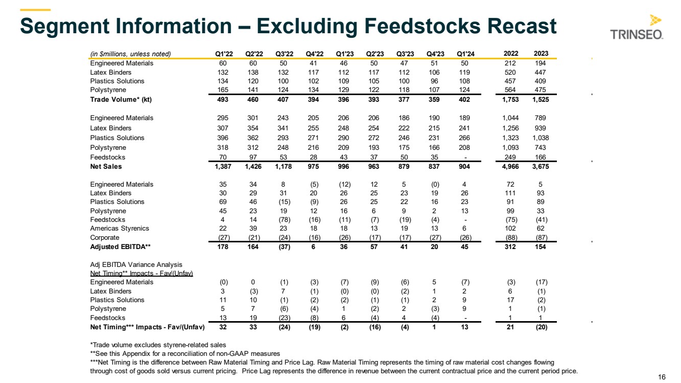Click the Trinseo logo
coord(637,28)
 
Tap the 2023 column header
coord(541,54)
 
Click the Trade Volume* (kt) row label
coord(121,100)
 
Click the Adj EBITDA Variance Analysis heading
coord(136,264)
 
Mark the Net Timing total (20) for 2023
coord(541,327)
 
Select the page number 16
coord(662,377)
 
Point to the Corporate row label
coord(105,238)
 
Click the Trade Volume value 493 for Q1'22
coord(223,100)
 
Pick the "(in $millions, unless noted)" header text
coord(130,54)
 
